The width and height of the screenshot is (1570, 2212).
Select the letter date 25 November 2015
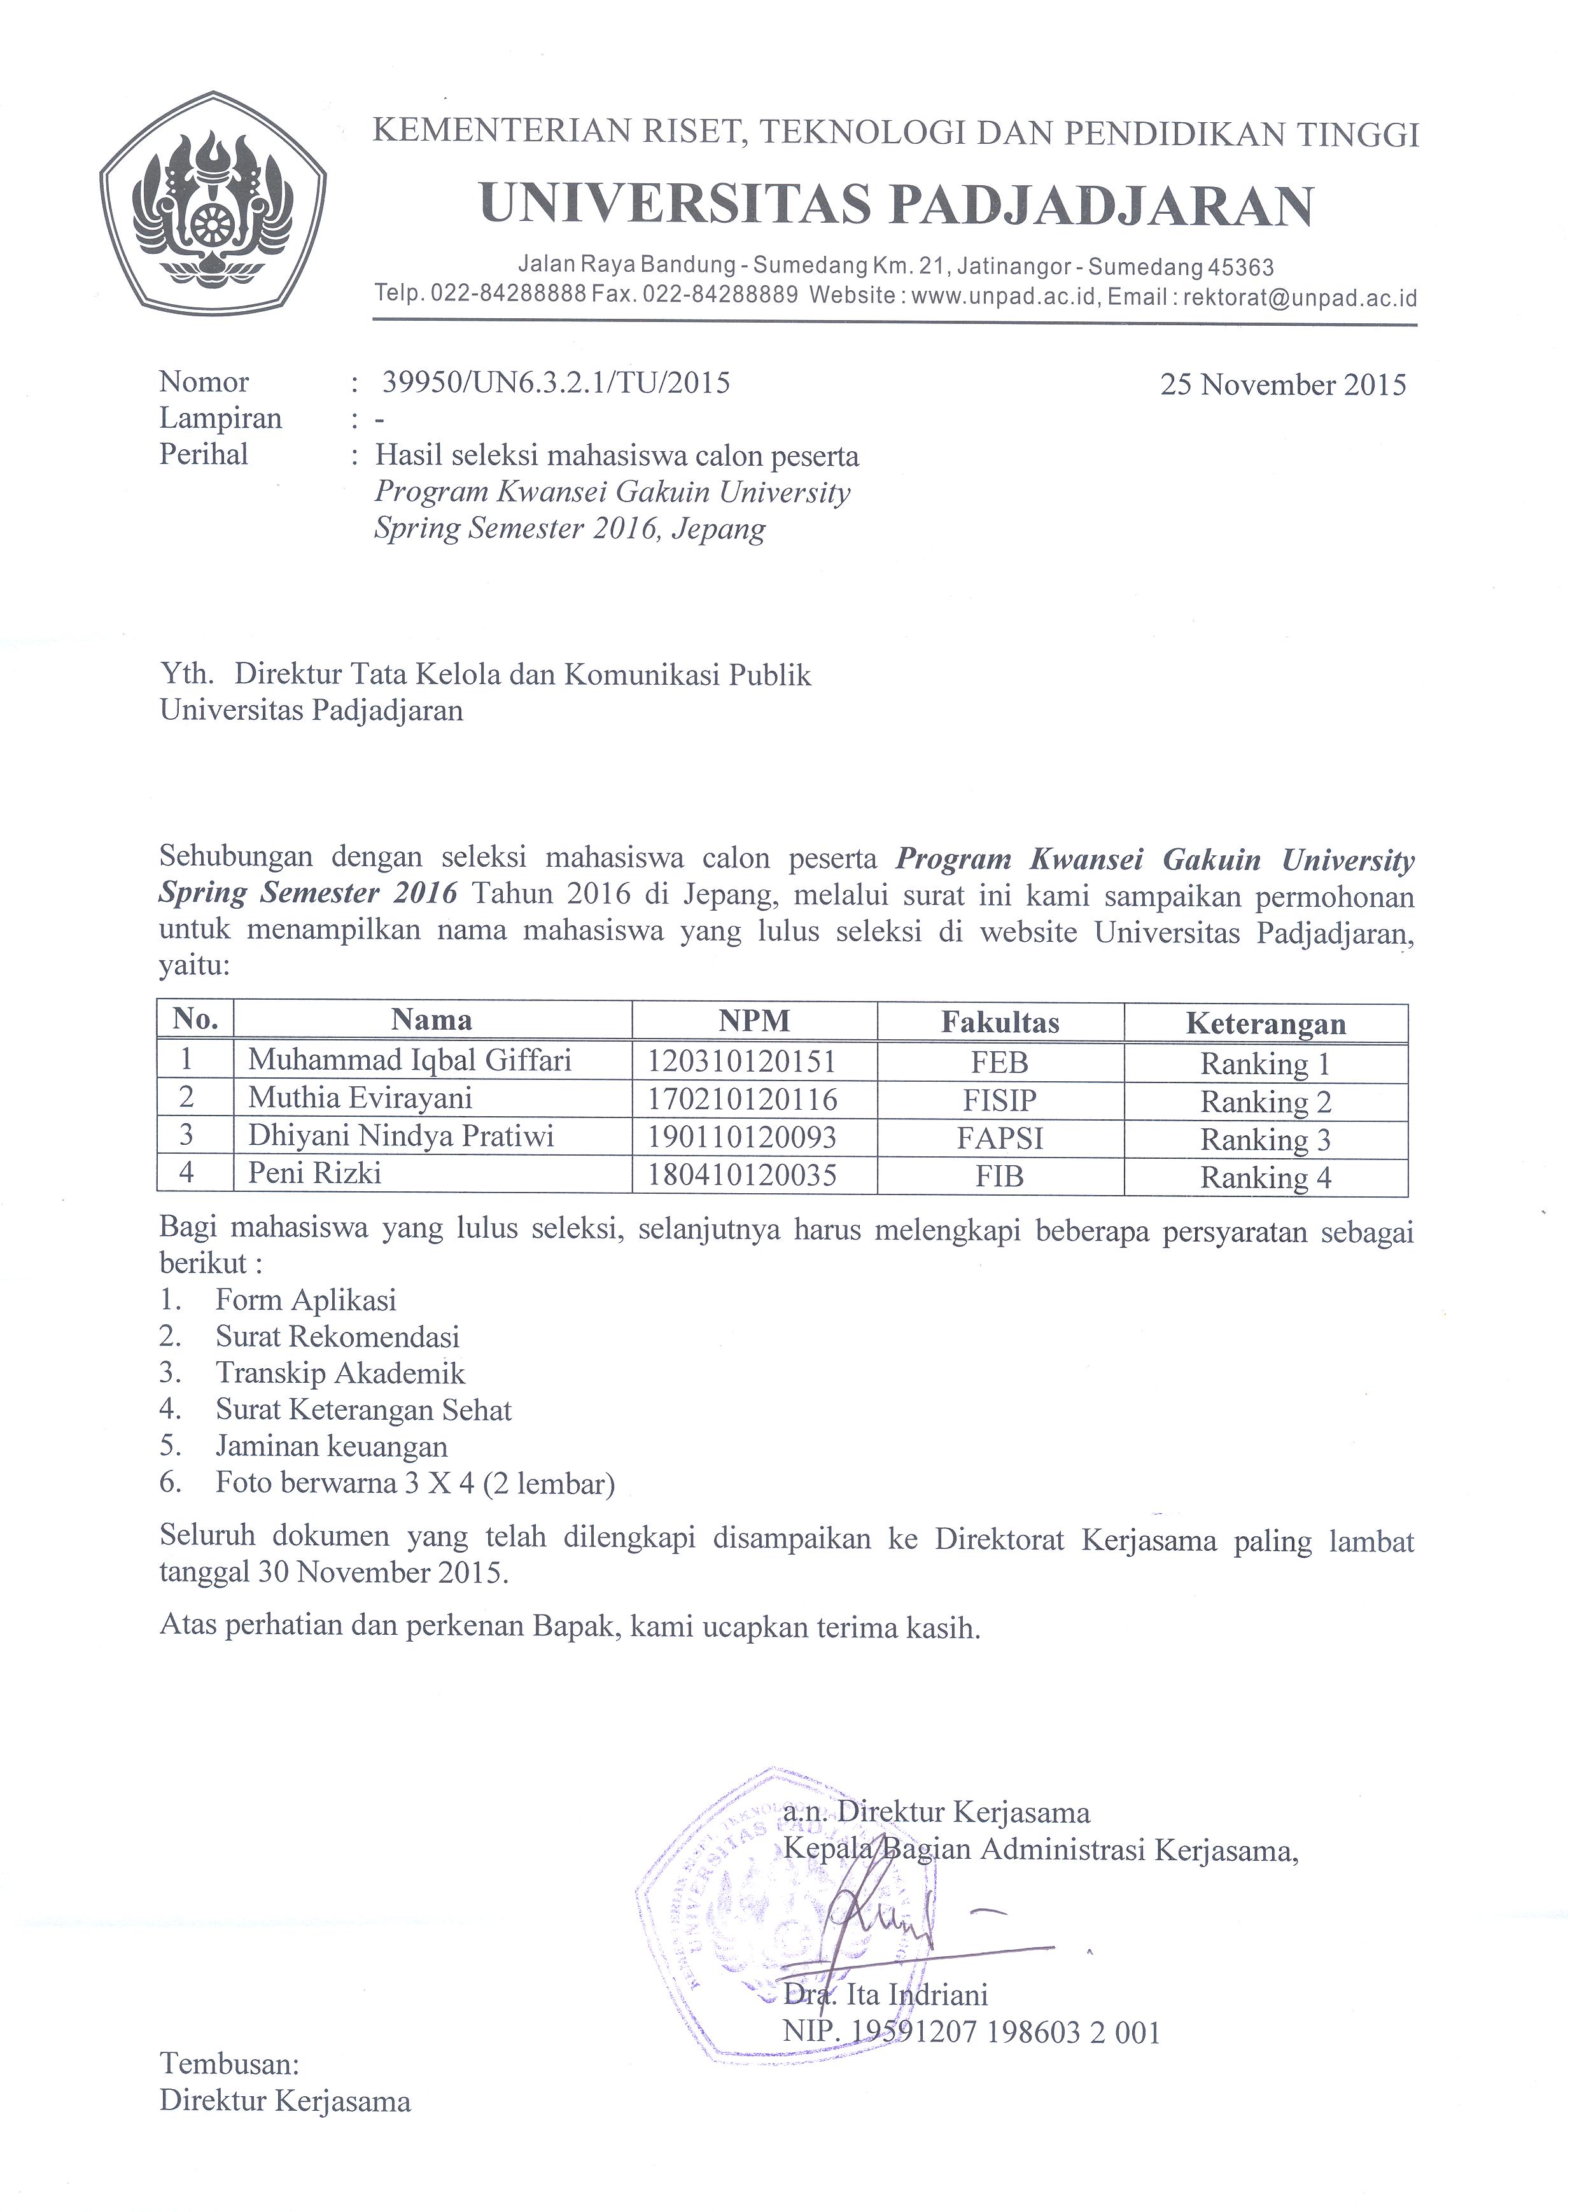click(x=1283, y=385)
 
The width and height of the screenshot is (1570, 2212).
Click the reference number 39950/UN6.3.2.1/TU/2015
click(x=556, y=383)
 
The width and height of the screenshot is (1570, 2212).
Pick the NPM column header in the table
click(x=754, y=1021)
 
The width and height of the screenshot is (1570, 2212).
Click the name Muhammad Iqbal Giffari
click(x=410, y=1061)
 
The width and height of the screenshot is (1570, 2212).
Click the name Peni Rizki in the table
click(x=314, y=1173)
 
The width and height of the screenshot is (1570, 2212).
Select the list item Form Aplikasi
click(x=305, y=1300)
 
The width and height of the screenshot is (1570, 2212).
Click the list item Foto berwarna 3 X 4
click(x=415, y=1483)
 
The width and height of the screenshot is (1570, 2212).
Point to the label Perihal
click(x=204, y=454)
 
